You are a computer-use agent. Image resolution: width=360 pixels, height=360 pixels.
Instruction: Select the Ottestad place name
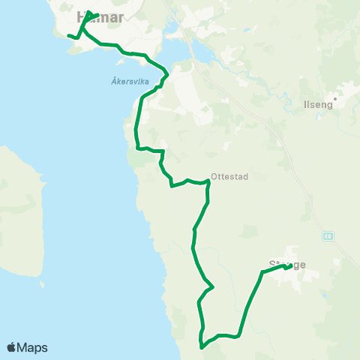tap(229, 177)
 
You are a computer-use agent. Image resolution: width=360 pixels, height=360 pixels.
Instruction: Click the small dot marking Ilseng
tap(336, 97)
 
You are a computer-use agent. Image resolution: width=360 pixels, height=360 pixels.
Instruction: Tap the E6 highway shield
tap(328, 235)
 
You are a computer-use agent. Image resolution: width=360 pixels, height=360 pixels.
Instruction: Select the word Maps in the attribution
tap(33, 347)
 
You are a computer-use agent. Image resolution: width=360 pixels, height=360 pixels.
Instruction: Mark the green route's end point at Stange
tap(289, 266)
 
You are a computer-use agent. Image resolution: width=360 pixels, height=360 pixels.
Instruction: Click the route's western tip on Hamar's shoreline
tap(68, 35)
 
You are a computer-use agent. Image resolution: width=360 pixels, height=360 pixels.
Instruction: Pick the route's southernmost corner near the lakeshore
tap(201, 346)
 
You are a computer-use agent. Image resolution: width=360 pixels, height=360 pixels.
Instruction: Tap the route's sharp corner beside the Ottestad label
tap(208, 183)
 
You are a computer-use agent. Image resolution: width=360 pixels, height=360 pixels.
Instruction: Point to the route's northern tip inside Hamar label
tap(89, 12)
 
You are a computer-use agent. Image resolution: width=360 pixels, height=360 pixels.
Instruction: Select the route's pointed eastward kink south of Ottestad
tap(214, 286)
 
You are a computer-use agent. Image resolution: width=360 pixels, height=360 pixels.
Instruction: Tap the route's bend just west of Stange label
tap(262, 272)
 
